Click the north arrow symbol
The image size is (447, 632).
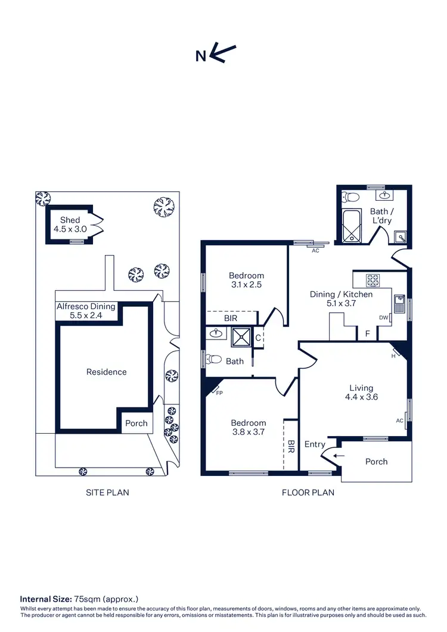224,54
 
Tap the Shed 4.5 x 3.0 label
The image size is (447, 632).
70,225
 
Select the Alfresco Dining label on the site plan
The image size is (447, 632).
86,310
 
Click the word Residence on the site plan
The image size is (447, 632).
107,372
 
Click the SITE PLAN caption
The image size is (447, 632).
108,493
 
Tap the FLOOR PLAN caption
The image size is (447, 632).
308,493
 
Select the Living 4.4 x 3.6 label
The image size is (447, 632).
361,392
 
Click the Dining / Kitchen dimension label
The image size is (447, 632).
341,298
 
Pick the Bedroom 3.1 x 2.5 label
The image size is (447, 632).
246,280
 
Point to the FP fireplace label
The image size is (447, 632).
219,393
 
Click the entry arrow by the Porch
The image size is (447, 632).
339,456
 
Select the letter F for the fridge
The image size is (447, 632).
367,334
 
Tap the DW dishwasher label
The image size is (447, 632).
383,317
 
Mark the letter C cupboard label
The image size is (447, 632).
258,338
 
